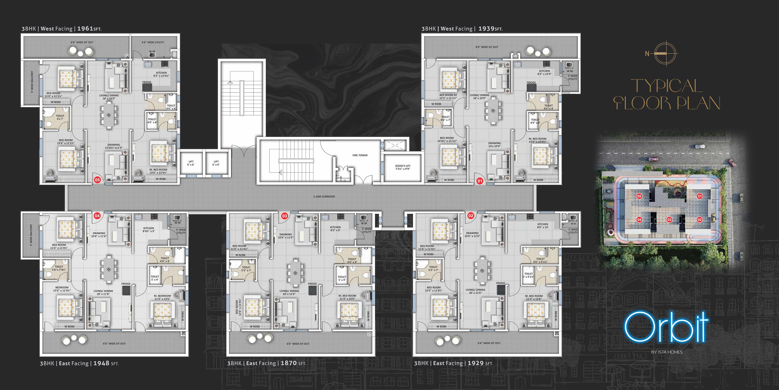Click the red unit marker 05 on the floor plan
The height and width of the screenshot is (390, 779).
[97, 180]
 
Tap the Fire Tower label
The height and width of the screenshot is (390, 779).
[360, 155]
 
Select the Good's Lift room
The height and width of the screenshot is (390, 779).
[402, 168]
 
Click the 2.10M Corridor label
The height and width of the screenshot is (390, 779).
[324, 196]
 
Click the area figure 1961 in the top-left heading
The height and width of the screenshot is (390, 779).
[85, 29]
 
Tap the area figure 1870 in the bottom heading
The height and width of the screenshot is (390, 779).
[288, 363]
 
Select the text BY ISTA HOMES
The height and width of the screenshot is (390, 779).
[667, 352]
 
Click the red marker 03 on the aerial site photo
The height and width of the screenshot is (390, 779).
[669, 220]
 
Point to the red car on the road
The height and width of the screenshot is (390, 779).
[651, 159]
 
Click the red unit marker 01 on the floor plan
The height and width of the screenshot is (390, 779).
[480, 181]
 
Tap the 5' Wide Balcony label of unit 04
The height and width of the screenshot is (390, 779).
[31, 235]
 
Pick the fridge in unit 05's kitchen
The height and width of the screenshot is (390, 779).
[147, 87]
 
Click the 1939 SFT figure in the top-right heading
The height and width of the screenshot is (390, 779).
[486, 29]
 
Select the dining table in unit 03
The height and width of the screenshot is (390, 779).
[295, 273]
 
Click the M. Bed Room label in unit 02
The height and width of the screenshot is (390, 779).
[534, 297]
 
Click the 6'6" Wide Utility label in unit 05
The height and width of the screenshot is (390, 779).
[153, 42]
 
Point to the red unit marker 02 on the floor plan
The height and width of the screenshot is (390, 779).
[471, 215]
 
